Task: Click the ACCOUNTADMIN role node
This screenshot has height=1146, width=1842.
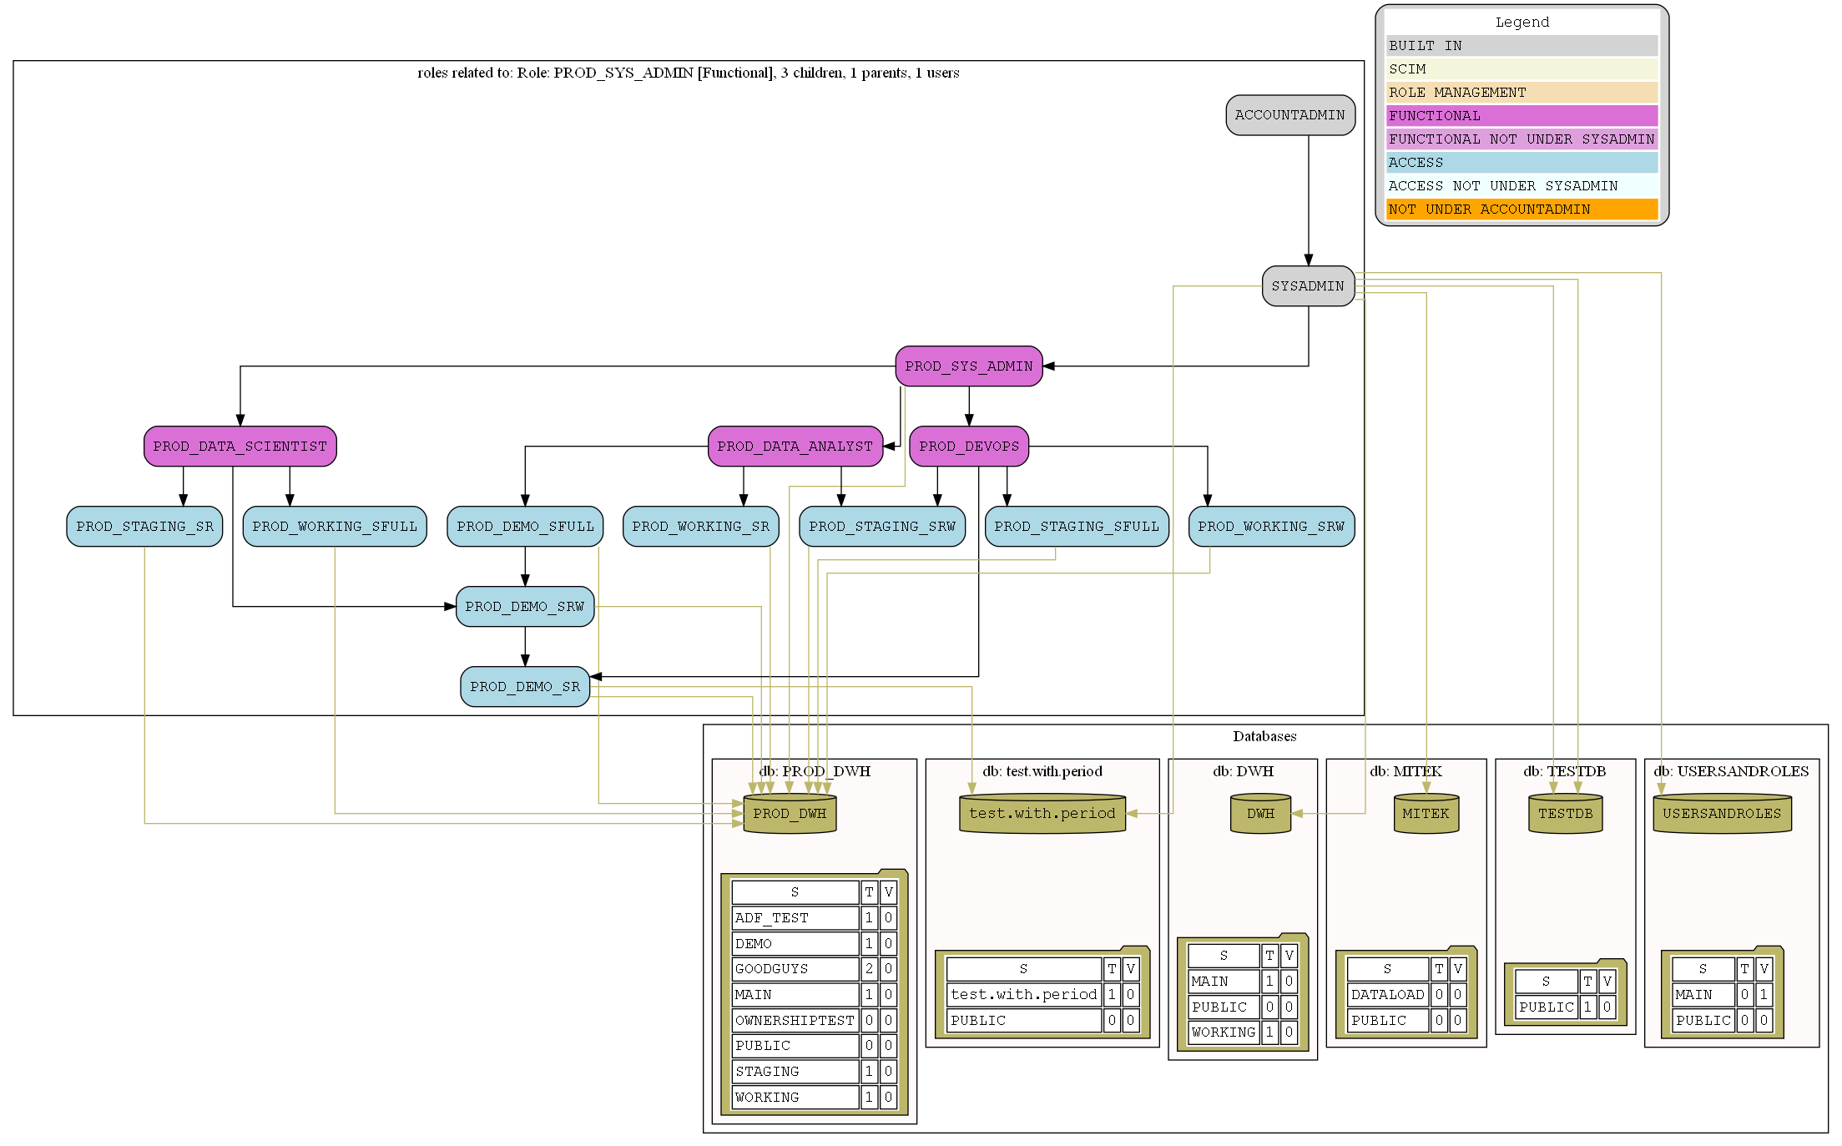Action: point(1289,115)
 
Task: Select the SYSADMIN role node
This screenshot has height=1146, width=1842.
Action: point(1307,286)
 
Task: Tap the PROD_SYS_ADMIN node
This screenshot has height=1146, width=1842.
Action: point(968,366)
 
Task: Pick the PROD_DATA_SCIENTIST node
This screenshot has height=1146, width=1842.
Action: point(240,447)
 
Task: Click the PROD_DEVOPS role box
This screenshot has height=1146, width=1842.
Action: point(968,447)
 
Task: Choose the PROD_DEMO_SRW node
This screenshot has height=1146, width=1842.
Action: point(524,607)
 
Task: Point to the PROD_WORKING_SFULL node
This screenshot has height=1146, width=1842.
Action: point(334,527)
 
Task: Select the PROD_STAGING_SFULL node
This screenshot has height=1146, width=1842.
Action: point(1076,527)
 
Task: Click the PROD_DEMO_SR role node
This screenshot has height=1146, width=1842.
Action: point(524,687)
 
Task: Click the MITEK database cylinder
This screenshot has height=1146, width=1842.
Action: point(1426,814)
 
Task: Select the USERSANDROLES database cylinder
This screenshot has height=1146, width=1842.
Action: point(1721,814)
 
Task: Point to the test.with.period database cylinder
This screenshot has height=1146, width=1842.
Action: point(1042,814)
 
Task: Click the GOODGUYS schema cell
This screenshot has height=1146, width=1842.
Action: point(795,969)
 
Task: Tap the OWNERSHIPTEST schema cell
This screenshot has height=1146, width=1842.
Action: point(795,1020)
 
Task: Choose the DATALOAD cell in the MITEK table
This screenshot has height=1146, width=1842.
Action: point(1387,995)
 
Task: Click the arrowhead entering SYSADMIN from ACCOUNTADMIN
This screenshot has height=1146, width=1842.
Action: point(1308,260)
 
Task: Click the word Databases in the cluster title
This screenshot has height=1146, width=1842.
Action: point(1264,736)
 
